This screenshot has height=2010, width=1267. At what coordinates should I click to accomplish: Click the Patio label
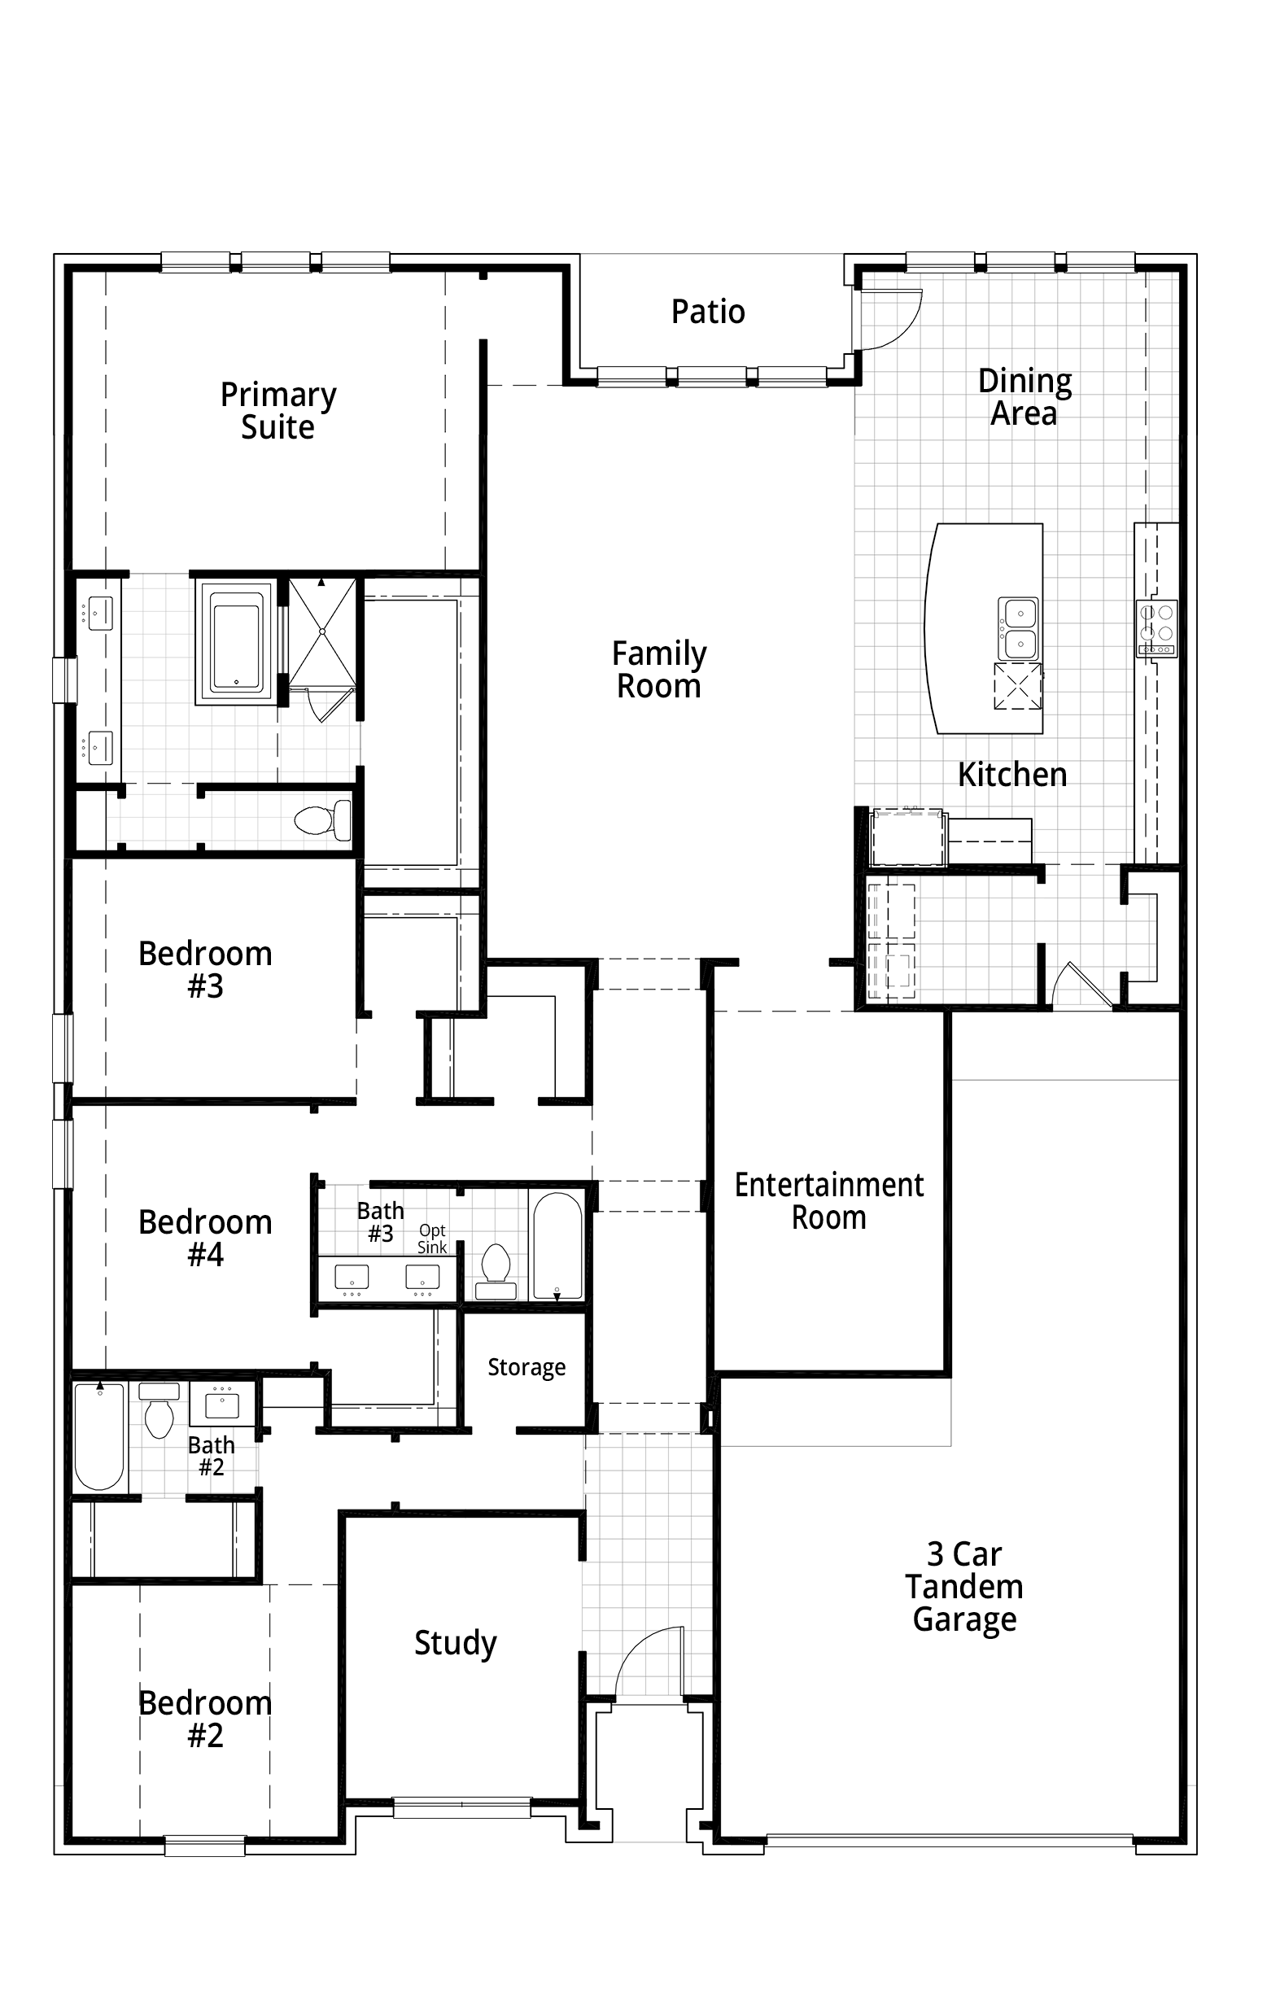tap(708, 312)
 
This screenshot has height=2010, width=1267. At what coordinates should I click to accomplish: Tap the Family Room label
tap(659, 670)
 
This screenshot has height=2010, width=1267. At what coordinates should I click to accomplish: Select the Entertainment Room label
tap(829, 1201)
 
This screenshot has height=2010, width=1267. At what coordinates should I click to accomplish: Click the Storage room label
tap(526, 1367)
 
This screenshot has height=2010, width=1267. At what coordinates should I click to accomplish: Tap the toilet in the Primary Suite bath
tap(322, 819)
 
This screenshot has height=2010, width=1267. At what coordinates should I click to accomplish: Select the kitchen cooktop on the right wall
tap(1157, 627)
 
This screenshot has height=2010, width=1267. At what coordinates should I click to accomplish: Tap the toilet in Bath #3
tap(496, 1272)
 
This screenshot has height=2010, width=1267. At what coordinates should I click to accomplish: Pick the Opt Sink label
tap(432, 1239)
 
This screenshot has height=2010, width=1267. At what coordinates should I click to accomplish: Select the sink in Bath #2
tap(222, 1405)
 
